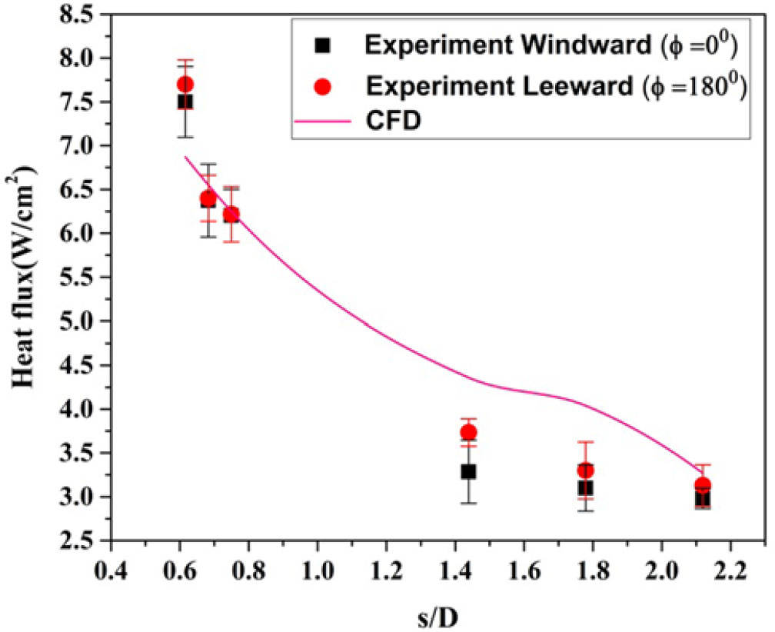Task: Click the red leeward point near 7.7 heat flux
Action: (x=185, y=84)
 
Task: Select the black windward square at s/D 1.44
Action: (x=468, y=471)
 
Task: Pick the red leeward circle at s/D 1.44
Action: (x=468, y=432)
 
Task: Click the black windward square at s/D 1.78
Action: (x=585, y=487)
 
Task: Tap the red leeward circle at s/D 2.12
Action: (x=702, y=485)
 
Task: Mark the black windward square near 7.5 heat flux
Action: (x=185, y=101)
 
